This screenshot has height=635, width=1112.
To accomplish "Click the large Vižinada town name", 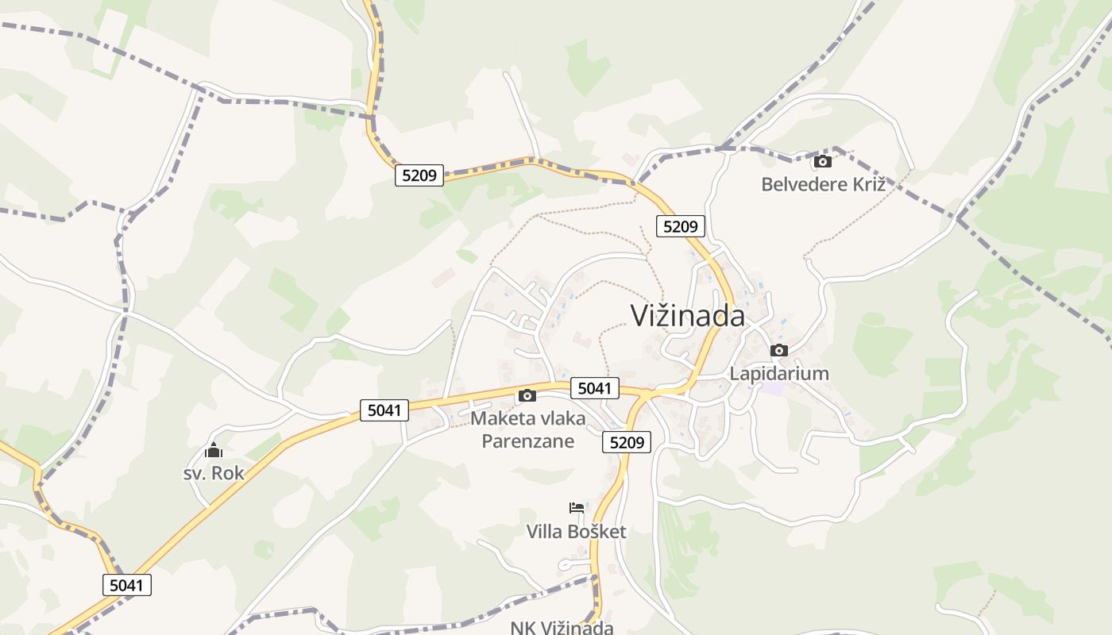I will tap(688, 315).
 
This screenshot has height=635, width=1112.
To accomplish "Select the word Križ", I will tap(865, 184).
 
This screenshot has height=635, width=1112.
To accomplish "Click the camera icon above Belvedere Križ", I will tap(823, 161).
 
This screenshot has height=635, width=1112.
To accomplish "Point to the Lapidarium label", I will tap(779, 373).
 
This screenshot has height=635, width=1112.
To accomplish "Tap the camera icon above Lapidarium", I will tap(779, 350).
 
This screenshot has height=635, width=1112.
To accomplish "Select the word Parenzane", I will tap(527, 441).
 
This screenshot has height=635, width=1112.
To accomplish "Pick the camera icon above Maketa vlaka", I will tap(527, 395).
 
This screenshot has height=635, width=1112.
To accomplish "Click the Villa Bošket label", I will tap(577, 531).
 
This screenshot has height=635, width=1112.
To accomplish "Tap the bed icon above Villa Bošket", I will tap(577, 508).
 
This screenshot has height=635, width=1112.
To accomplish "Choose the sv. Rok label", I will tap(214, 473).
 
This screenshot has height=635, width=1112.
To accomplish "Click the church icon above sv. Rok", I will tap(214, 451).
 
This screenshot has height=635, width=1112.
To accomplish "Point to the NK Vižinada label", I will tap(562, 627).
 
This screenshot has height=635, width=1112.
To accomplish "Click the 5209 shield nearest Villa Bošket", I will tap(627, 442).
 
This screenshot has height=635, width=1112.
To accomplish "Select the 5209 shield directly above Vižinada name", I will tap(681, 226).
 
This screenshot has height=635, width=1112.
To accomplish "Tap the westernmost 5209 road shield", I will tap(419, 175).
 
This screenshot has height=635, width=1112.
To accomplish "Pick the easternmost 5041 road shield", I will tap(594, 388).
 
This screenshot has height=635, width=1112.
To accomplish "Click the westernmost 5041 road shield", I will tap(127, 586).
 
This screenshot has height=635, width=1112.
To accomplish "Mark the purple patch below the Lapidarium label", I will tap(772, 389).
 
